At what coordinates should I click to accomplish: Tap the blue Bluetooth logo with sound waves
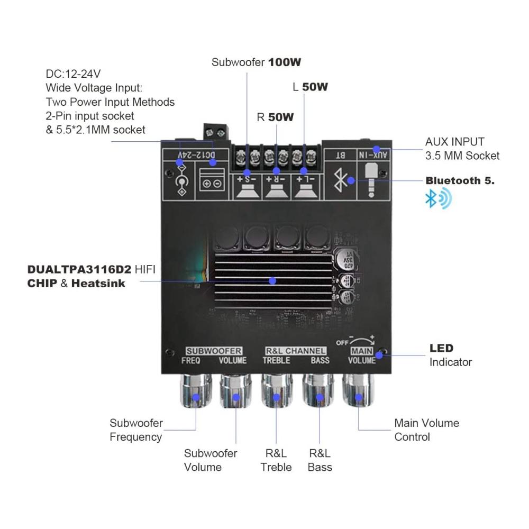(x=439, y=199)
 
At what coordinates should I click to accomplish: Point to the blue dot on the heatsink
(x=272, y=280)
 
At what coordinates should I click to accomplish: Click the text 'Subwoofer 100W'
(x=256, y=62)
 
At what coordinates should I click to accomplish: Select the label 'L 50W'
(x=310, y=87)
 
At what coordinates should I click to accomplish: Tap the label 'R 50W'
(x=275, y=117)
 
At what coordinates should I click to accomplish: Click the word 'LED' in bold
(x=441, y=348)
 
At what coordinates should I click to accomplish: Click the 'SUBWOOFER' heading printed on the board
(x=214, y=351)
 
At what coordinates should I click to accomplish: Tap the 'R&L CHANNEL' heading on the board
(x=296, y=351)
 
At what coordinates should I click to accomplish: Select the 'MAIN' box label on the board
(x=362, y=351)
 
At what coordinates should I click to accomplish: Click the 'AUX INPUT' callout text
(x=454, y=142)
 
